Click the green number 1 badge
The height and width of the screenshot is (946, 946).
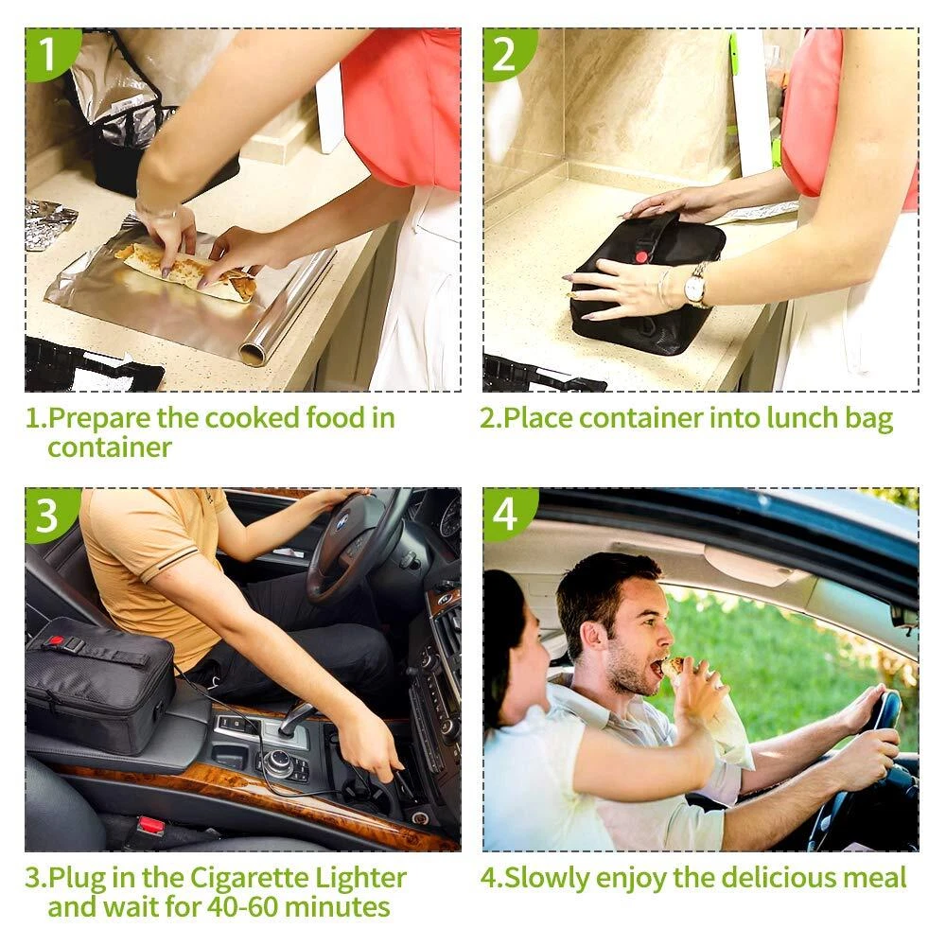49,53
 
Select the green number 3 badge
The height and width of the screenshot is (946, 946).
49,514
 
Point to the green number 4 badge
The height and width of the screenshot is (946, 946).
507,514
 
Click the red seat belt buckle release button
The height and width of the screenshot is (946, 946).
150,825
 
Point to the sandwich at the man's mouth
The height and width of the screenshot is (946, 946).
674,668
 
